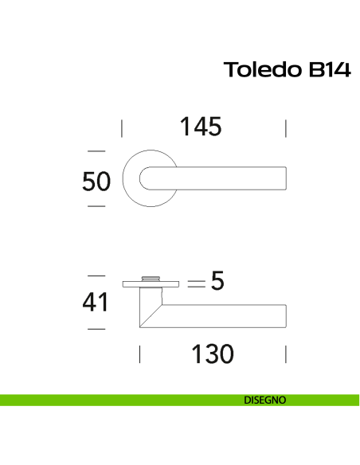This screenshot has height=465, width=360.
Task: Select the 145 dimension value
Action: (201, 127)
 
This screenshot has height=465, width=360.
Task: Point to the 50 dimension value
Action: (96, 182)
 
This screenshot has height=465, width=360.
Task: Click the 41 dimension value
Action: (96, 303)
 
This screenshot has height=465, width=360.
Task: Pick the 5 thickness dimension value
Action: (217, 282)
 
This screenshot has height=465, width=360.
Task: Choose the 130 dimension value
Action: (213, 354)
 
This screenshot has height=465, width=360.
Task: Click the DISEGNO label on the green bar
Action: (265, 401)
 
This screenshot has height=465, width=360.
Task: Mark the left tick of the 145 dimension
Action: (121, 128)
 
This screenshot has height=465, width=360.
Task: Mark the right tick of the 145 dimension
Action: (285, 128)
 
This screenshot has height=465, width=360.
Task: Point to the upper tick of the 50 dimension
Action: (96, 150)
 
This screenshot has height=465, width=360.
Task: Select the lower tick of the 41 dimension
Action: (96, 328)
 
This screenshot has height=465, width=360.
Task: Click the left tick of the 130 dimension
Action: (140, 354)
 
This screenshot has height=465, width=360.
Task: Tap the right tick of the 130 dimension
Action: (285, 354)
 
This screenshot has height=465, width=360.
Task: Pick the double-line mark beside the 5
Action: (196, 283)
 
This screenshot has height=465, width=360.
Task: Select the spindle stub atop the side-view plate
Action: (150, 276)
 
